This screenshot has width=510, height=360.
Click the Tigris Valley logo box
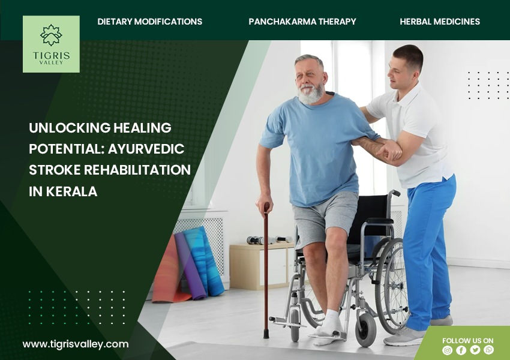coord(51,44)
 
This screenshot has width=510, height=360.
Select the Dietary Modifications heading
coord(149,22)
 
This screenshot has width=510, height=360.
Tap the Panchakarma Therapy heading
coord(302,22)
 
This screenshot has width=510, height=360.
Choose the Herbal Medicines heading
coord(440,22)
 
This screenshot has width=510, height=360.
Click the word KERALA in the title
coord(71,191)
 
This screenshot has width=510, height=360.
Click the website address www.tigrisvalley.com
coord(76,344)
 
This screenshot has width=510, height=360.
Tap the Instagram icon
coord(447,350)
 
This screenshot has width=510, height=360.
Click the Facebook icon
coord(461,350)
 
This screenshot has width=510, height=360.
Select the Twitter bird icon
coord(475,350)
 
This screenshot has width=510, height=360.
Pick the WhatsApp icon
coord(488,350)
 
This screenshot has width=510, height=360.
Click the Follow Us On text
coord(468,340)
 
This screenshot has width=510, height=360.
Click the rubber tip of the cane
coord(266,334)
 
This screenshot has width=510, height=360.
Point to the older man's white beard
coord(311,94)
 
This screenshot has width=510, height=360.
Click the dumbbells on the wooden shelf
coord(269,240)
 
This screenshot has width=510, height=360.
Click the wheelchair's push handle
coord(395,193)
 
